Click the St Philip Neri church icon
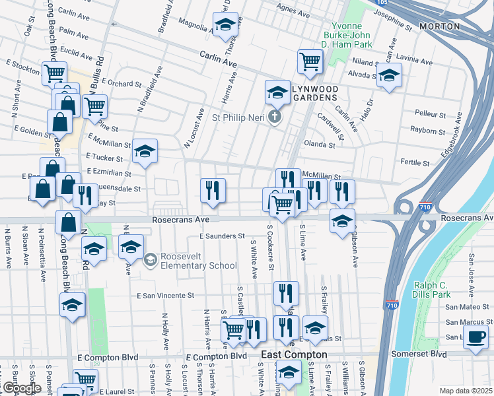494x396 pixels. click(275, 117)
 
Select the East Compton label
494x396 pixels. click(294, 355)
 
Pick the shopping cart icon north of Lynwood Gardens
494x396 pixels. click(309, 62)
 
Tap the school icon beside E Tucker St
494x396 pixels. click(144, 152)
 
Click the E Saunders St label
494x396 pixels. click(222, 236)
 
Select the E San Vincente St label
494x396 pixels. click(166, 296)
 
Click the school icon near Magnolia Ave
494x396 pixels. click(225, 25)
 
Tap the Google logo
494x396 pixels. click(21, 389)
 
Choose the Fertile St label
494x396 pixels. click(415, 162)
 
